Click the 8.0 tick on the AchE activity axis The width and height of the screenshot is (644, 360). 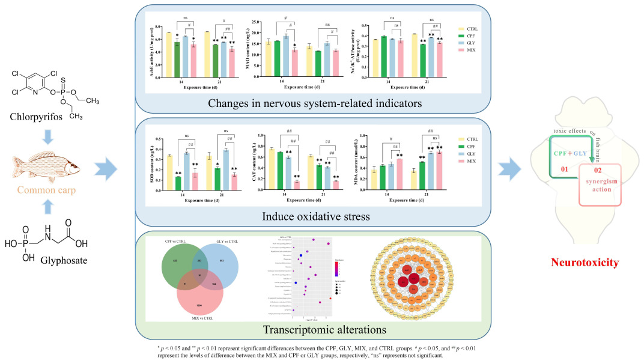[x=159, y=27]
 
